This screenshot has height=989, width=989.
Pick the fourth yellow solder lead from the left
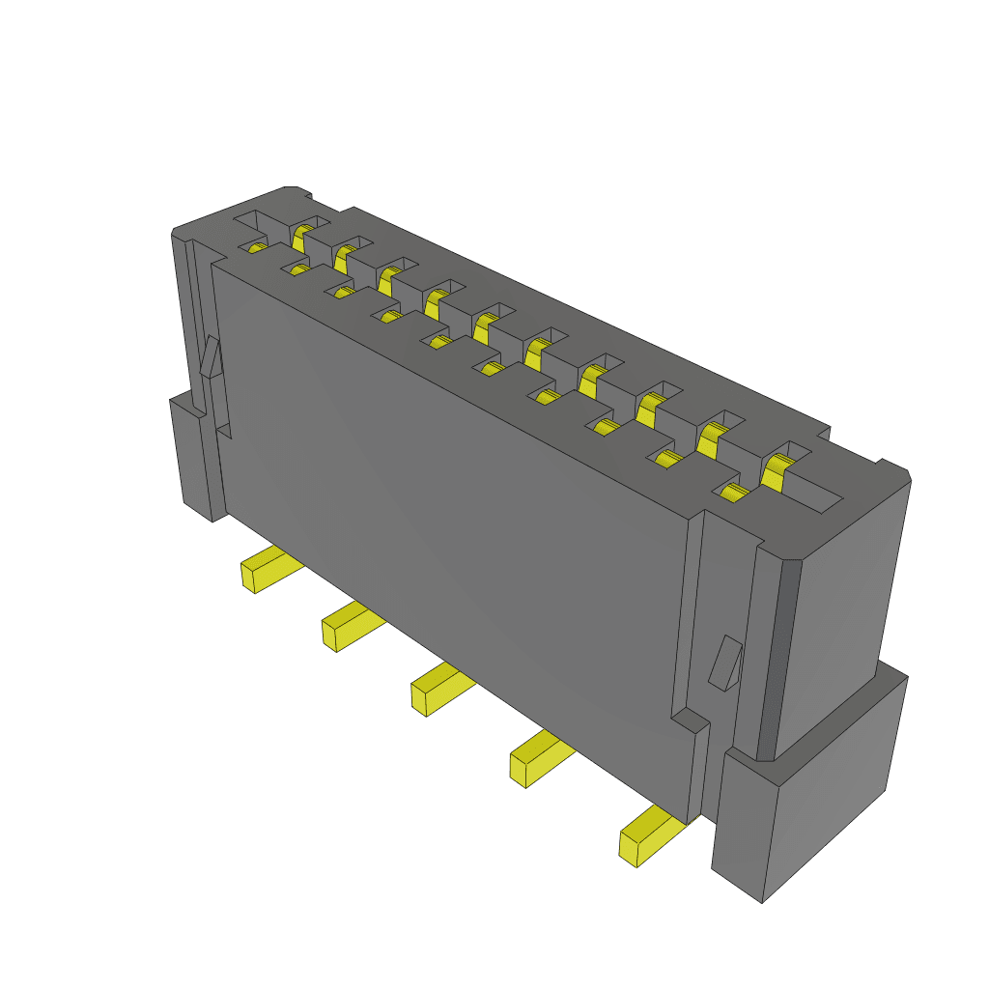click(539, 758)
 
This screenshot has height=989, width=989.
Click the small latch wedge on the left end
click(212, 356)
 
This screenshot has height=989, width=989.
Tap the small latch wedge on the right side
click(725, 664)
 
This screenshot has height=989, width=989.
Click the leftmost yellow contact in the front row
click(257, 247)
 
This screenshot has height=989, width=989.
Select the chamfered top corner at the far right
click(894, 472)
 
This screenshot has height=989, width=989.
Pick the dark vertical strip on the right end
click(778, 657)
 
